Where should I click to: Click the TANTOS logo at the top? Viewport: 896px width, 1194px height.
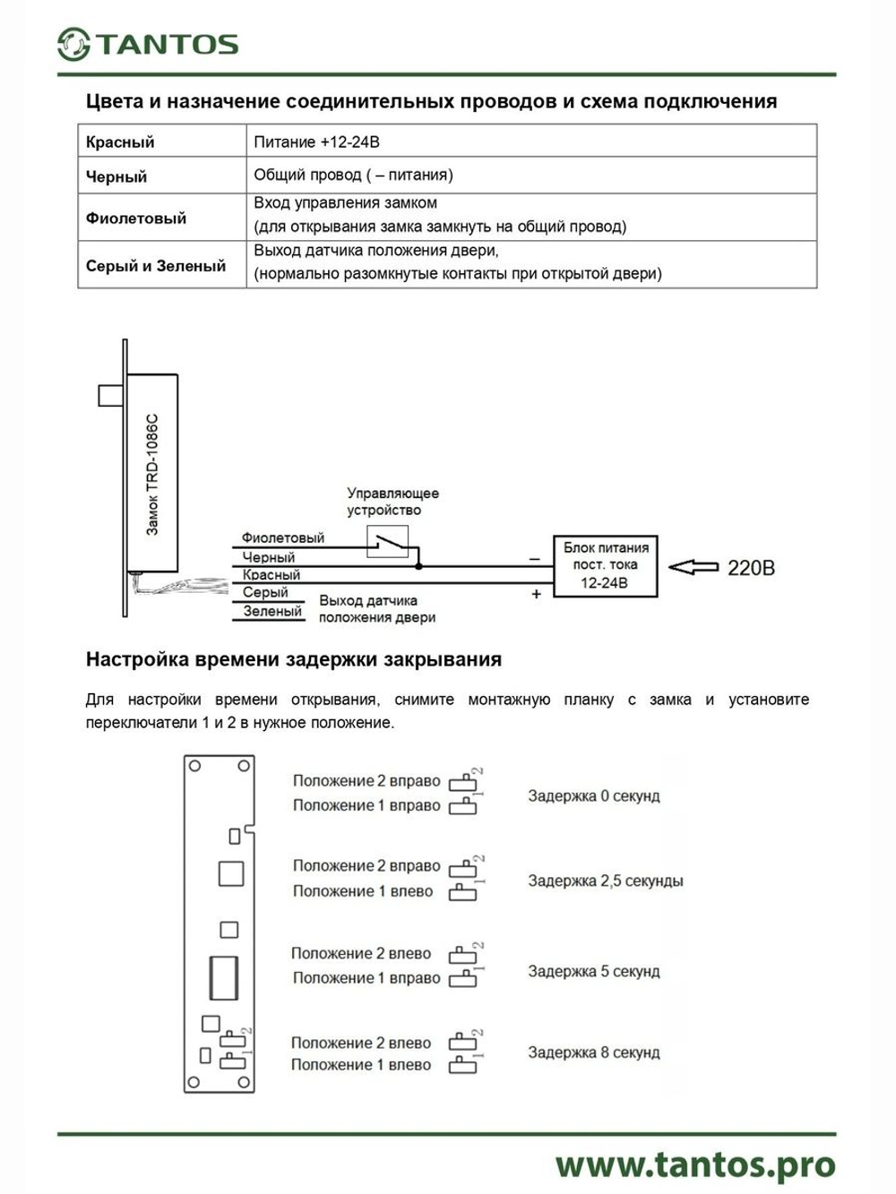tap(148, 44)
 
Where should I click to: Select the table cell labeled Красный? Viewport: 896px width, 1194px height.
tap(120, 142)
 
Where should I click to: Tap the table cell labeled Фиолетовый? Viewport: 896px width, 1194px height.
tap(136, 218)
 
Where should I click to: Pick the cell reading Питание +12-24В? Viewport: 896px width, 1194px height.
tap(316, 142)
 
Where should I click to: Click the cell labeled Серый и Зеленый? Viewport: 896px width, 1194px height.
tap(156, 265)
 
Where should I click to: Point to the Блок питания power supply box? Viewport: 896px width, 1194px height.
tap(605, 565)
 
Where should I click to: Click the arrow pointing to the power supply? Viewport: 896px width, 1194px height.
tap(694, 567)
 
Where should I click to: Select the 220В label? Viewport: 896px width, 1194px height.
tap(751, 568)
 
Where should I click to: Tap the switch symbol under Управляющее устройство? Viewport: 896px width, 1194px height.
tap(388, 542)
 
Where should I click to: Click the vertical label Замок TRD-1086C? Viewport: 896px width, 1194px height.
tap(152, 475)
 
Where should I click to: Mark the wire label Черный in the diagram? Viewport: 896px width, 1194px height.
tap(268, 557)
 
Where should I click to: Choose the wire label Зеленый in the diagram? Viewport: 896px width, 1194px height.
tap(272, 612)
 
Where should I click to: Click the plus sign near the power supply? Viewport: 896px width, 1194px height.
tap(536, 594)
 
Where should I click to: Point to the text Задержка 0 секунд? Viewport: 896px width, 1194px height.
tap(593, 795)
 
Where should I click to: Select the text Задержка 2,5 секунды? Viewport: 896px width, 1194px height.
tap(605, 880)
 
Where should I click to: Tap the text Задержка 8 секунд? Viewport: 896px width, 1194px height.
tap(593, 1052)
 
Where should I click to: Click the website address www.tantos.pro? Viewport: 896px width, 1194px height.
tap(694, 1165)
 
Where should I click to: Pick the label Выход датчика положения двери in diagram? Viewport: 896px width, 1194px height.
tap(376, 609)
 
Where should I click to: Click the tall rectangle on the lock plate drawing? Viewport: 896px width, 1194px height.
tap(223, 977)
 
